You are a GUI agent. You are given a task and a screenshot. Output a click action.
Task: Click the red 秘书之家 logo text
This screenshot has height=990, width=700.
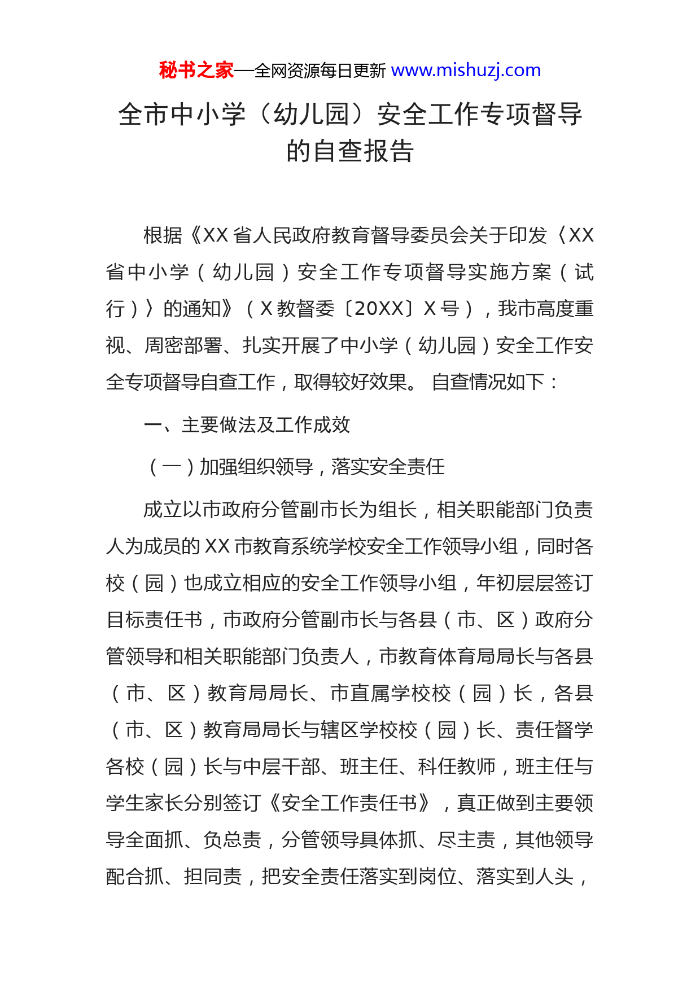pos(196,71)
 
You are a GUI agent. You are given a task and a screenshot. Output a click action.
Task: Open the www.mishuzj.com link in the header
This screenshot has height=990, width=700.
pos(466,71)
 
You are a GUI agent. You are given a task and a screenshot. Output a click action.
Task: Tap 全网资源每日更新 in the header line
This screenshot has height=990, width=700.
pos(320,71)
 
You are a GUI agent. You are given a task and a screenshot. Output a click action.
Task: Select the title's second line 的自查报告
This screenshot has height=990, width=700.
pos(350,151)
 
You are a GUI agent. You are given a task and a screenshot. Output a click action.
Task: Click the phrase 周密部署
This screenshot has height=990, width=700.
pos(183,345)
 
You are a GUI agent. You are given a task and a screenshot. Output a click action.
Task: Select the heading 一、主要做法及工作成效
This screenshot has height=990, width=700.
pos(247,424)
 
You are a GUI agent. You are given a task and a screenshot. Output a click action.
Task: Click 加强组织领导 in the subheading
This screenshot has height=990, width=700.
pos(257,467)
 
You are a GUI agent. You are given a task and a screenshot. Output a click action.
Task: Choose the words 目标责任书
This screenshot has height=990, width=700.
pos(154,619)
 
